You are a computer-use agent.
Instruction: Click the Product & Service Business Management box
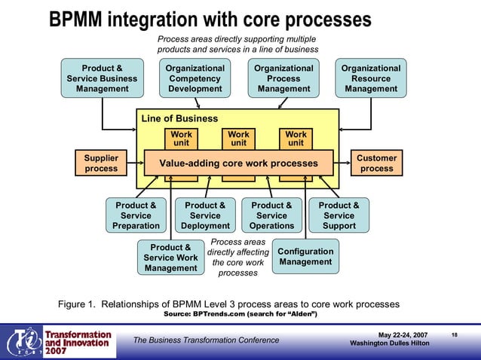click(102, 78)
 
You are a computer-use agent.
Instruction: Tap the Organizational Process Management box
click(283, 78)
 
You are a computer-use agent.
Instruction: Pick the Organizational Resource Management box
click(371, 78)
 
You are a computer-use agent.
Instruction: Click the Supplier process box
click(100, 163)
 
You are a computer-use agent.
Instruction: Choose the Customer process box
click(376, 163)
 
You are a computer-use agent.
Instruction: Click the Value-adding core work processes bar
click(237, 163)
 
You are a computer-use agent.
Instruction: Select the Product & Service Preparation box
click(136, 215)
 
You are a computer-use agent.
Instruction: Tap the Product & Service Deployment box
click(205, 215)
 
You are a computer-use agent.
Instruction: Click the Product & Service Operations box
click(271, 215)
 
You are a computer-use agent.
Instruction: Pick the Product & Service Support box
click(339, 215)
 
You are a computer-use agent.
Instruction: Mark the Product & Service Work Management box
click(170, 258)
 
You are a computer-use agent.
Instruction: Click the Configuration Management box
click(305, 257)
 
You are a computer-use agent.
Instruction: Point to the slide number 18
click(455, 334)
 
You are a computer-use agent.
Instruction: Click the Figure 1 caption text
click(228, 304)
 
